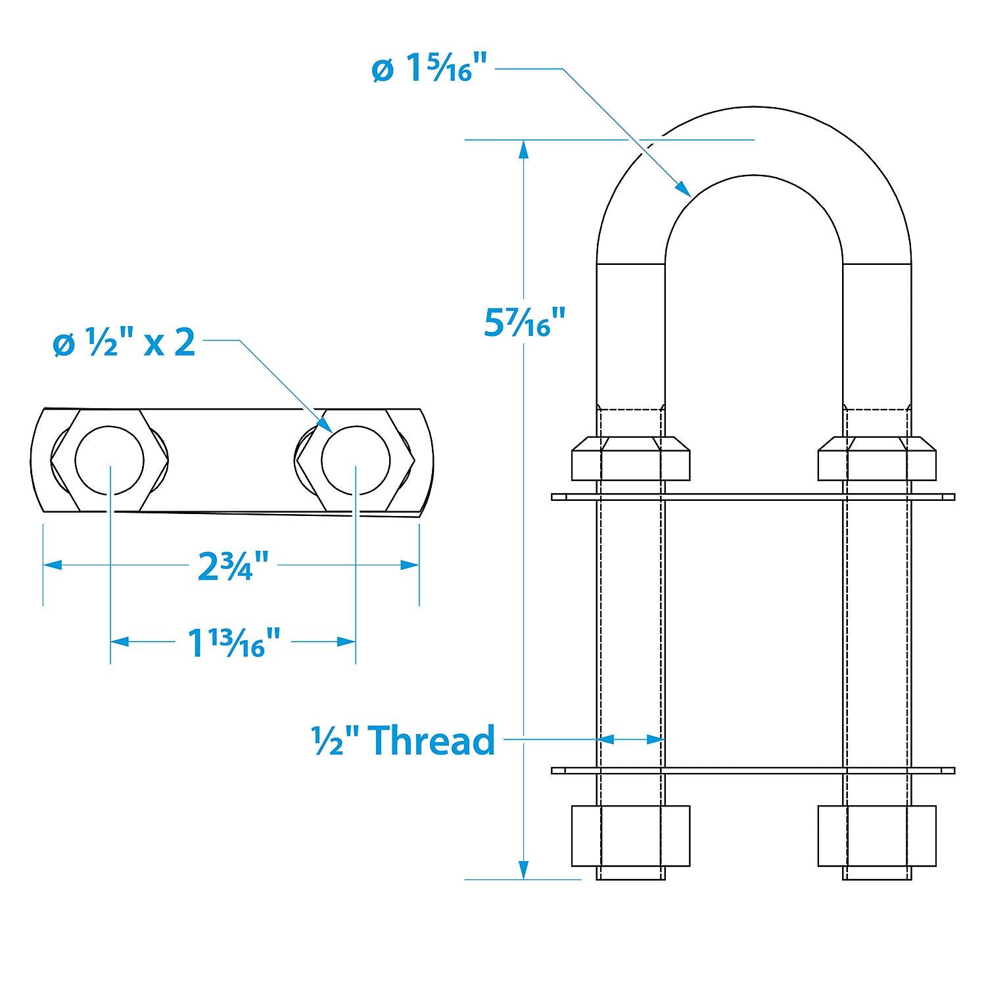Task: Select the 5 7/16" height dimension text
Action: pos(524,322)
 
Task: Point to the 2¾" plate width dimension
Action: pos(234,566)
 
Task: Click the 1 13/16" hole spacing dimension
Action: pos(234,642)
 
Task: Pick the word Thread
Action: pos(431,740)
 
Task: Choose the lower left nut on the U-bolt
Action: pos(631,835)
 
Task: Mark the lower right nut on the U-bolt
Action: pos(877,835)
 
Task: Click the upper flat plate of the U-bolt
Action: pos(753,497)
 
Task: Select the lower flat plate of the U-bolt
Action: pos(753,770)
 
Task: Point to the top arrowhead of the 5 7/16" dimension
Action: pos(523,149)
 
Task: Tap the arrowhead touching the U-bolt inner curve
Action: pos(684,190)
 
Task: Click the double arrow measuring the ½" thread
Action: pos(631,739)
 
